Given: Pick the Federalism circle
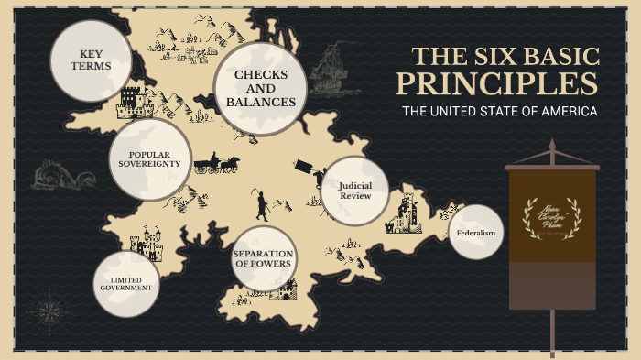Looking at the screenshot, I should (x=475, y=233).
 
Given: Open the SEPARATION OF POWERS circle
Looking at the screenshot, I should (x=263, y=258).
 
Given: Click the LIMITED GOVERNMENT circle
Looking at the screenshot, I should (x=126, y=283).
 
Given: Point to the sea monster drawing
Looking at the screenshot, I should (x=62, y=173).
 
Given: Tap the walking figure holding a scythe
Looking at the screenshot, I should (x=262, y=204).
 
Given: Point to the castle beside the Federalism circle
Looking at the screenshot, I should (x=406, y=213).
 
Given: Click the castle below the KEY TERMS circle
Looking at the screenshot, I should (x=129, y=102).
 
